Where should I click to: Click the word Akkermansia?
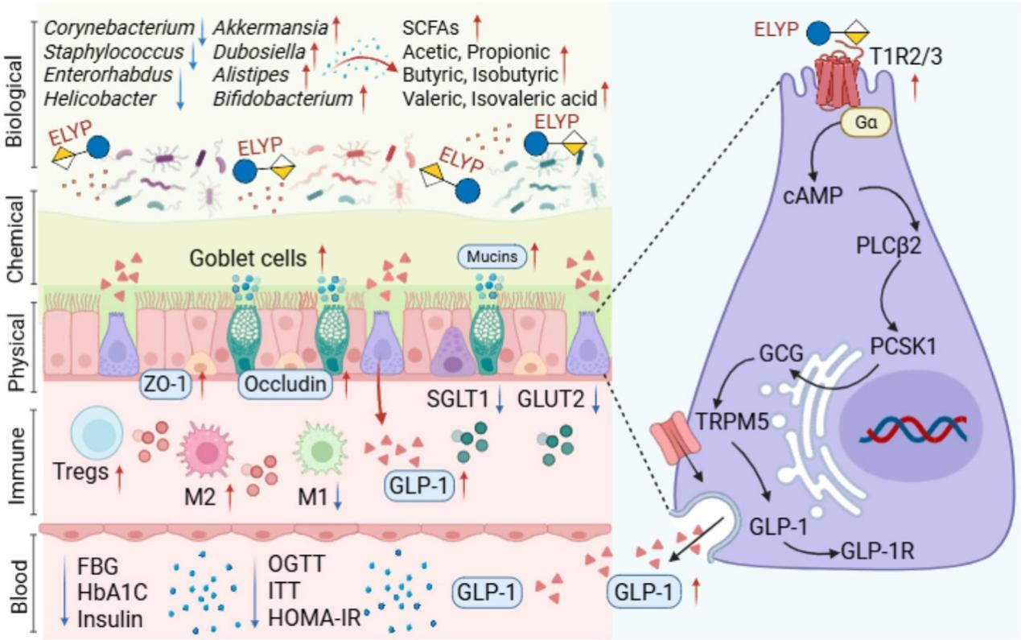pyautogui.click(x=258, y=29)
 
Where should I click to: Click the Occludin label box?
pyautogui.click(x=286, y=385)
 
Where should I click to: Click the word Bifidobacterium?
pyautogui.click(x=283, y=99)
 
